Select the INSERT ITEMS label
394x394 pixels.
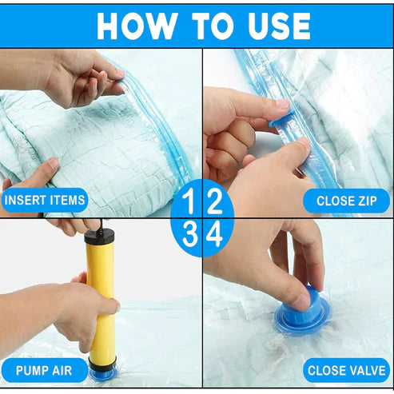click(x=46, y=200)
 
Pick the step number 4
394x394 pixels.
click(x=214, y=235)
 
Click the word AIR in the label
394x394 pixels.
click(x=62, y=370)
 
